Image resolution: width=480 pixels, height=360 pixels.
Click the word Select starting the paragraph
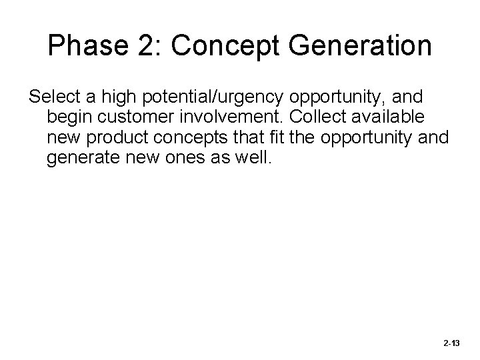coord(52,97)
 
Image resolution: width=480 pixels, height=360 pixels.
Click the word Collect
coord(304,118)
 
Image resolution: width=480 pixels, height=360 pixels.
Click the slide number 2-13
coord(451,343)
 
